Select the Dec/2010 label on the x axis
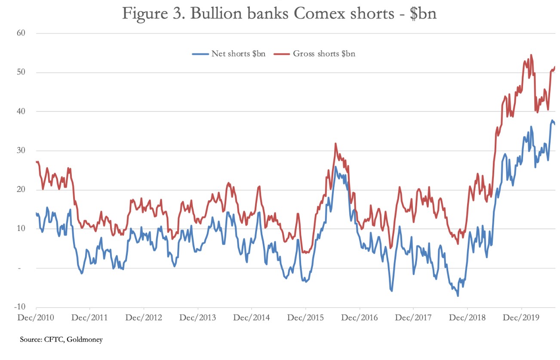tap(36, 318)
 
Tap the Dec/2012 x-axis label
tap(144, 318)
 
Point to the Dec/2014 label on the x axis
tap(252, 318)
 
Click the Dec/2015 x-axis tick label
tap(305, 318)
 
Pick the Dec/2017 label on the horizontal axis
tap(413, 318)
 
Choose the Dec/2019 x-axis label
tap(521, 318)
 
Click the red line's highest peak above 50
tap(531, 55)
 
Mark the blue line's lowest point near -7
tap(458, 296)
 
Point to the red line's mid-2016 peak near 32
tap(335, 143)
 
